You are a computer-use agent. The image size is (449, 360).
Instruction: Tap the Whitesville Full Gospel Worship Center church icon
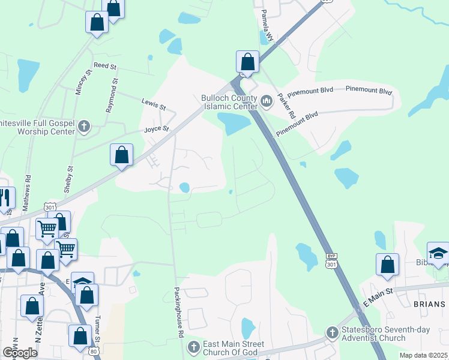[84, 127]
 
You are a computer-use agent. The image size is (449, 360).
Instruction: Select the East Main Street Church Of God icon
[193, 347]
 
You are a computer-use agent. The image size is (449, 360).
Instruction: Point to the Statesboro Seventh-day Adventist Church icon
[333, 332]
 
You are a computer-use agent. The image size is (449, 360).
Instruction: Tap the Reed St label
[103, 65]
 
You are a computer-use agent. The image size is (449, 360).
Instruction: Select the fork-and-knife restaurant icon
[5, 198]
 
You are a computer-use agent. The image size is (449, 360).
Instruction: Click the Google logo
[20, 353]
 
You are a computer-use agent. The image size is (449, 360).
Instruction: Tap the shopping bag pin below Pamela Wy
[247, 62]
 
